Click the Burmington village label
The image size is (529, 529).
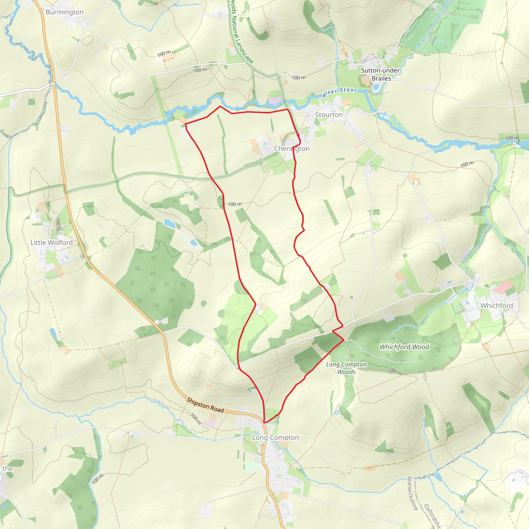[65, 12]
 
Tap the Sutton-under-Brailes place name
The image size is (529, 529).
[381, 74]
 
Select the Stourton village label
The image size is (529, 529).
[329, 115]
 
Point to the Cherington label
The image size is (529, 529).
[292, 149]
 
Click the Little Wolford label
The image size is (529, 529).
[51, 243]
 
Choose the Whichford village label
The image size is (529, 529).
[497, 306]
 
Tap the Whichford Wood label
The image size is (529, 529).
[404, 347]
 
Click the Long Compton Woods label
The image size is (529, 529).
[346, 368]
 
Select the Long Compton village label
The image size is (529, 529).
[275, 438]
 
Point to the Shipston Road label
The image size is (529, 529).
[205, 405]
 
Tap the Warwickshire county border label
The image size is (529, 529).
[412, 493]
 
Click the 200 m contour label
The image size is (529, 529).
[396, 371]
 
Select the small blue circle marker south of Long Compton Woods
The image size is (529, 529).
[337, 412]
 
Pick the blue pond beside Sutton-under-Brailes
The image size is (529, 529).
[376, 87]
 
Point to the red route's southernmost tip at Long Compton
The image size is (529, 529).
[265, 423]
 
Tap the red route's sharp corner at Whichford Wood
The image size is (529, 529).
[344, 340]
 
